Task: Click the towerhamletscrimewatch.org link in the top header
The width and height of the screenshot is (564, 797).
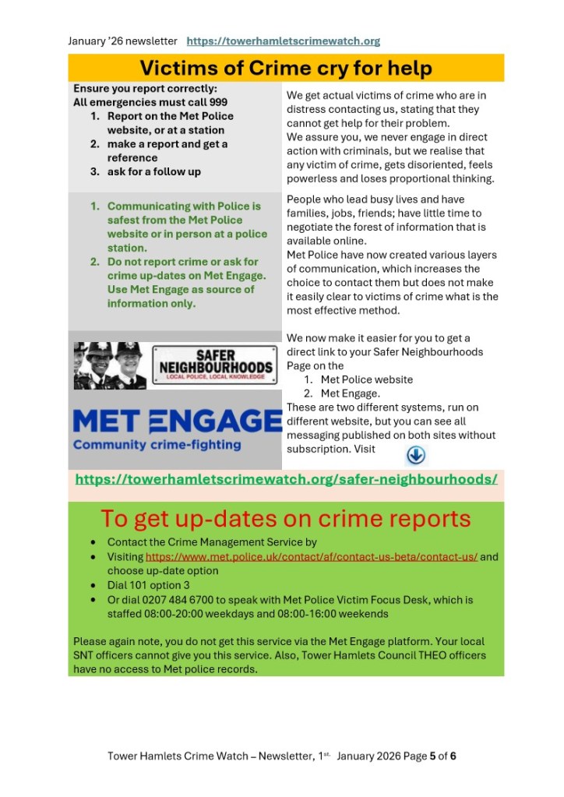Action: coord(284,41)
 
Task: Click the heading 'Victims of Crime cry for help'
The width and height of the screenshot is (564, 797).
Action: coord(285,68)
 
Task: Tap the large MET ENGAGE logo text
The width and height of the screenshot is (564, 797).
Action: coord(177,421)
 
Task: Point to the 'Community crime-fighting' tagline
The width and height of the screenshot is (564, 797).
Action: coord(157,445)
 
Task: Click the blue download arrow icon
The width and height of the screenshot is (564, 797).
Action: coord(416,455)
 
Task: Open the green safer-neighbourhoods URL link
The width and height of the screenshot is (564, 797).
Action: coord(286,479)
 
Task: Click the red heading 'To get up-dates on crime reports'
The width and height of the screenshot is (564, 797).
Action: coord(285,519)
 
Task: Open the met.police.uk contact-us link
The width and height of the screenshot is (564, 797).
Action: coord(311,557)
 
